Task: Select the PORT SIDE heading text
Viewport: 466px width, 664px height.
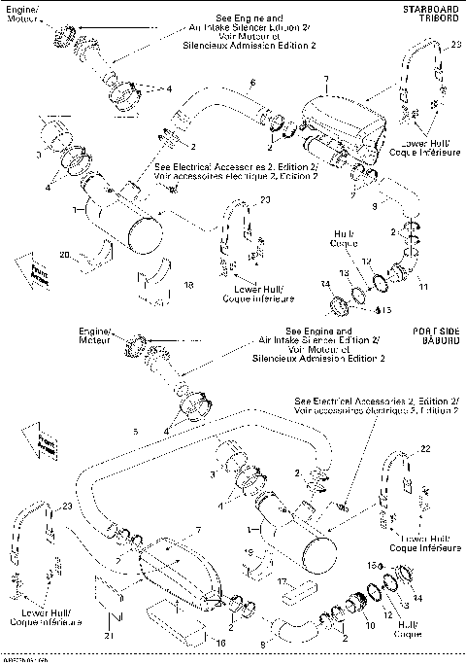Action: (x=435, y=331)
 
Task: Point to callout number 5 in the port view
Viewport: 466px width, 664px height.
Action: (x=135, y=430)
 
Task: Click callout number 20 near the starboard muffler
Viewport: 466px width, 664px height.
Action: (x=63, y=255)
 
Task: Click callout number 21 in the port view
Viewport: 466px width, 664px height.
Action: (x=106, y=635)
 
